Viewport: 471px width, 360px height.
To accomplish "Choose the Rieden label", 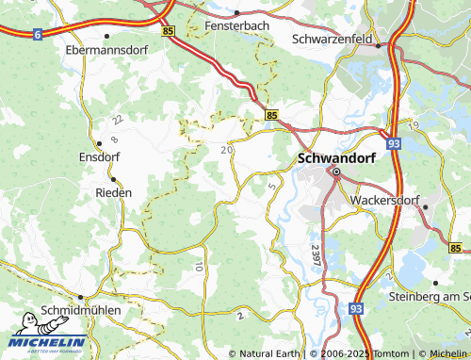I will pyautogui.click(x=113, y=191).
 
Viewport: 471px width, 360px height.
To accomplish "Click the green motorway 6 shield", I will pyautogui.click(x=37, y=34).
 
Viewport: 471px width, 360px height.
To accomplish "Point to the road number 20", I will pyautogui.click(x=226, y=149).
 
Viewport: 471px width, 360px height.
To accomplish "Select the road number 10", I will pyautogui.click(x=199, y=269).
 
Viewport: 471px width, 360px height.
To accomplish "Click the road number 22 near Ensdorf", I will pyautogui.click(x=117, y=121).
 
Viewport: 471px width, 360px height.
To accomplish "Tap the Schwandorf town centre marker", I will pyautogui.click(x=335, y=172).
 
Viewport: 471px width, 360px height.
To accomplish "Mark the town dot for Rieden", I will pyautogui.click(x=113, y=178).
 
